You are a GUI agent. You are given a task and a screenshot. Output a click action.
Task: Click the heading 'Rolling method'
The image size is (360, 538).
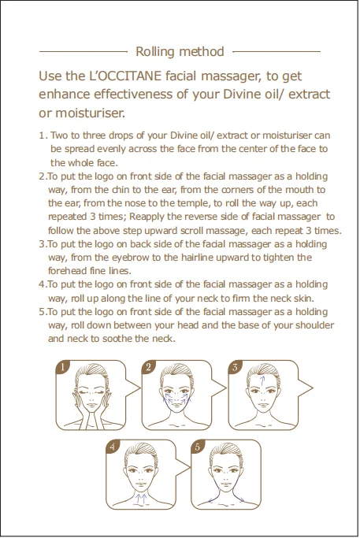pyautogui.click(x=180, y=51)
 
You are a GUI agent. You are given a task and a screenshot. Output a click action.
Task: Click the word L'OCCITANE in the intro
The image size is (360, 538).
pyautogui.click(x=125, y=76)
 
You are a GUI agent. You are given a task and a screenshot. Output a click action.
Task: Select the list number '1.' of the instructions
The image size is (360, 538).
pyautogui.click(x=43, y=135)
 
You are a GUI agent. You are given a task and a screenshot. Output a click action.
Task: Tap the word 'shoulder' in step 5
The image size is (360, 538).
pyautogui.click(x=314, y=325)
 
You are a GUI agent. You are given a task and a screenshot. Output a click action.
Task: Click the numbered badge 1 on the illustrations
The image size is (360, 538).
pyautogui.click(x=63, y=367)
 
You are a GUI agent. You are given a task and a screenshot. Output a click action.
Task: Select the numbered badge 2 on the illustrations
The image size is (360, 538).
pyautogui.click(x=149, y=367)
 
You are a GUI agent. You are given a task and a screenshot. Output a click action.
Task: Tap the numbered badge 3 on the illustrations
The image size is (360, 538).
pyautogui.click(x=235, y=367)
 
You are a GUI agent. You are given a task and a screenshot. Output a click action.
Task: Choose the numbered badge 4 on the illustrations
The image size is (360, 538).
pyautogui.click(x=113, y=447)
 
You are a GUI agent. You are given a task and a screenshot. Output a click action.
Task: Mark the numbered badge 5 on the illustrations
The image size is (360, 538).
pyautogui.click(x=198, y=447)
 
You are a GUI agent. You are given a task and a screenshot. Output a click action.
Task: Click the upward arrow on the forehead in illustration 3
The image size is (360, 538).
pyautogui.click(x=262, y=380)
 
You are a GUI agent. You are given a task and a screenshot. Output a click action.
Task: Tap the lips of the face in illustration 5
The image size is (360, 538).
pyautogui.click(x=226, y=484)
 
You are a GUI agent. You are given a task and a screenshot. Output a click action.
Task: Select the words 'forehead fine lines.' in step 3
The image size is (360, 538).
pyautogui.click(x=90, y=271)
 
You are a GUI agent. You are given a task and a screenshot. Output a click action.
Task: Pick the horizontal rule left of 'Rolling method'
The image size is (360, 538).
pyautogui.click(x=84, y=52)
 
